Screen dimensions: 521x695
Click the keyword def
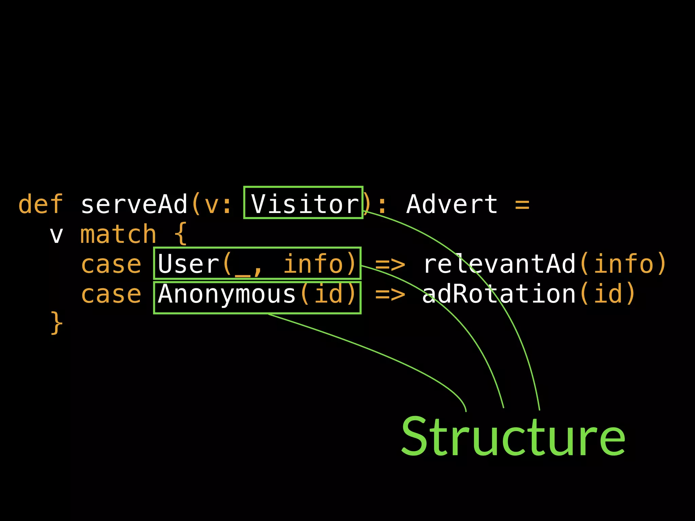(41, 204)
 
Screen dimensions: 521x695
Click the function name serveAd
(134, 204)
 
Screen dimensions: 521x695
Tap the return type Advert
(452, 204)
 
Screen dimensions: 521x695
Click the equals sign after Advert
(522, 205)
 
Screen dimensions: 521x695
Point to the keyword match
(118, 234)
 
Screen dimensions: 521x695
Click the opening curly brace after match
(181, 234)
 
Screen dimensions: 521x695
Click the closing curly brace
(57, 323)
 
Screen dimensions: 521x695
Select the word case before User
(111, 264)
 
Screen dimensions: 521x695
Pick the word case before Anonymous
(111, 294)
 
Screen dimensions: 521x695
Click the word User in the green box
(189, 264)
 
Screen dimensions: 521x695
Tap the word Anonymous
(227, 294)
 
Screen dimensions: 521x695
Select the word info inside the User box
(313, 264)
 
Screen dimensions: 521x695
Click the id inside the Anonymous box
(328, 294)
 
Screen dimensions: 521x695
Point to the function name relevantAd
(500, 264)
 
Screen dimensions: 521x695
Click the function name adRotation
(499, 294)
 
